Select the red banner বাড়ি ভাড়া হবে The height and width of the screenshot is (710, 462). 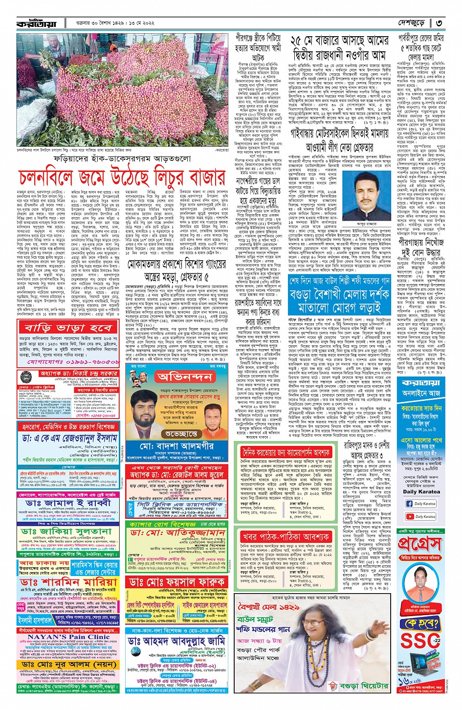point(68,326)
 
